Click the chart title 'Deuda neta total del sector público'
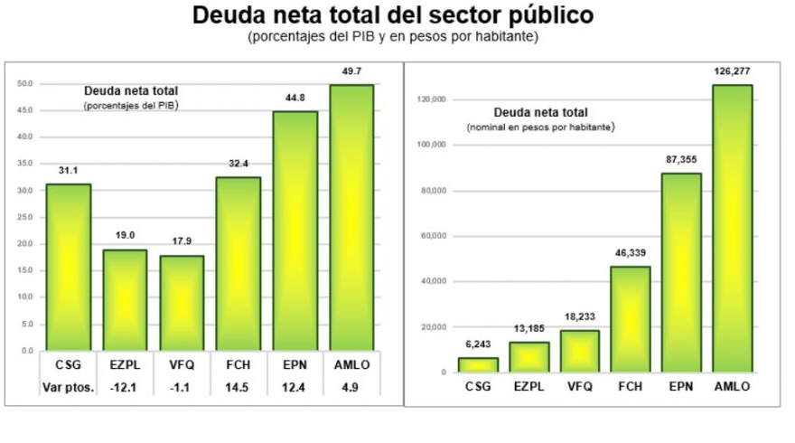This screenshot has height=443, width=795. tap(393, 16)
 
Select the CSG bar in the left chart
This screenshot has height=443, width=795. tap(68, 267)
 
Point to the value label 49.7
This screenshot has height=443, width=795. tap(351, 71)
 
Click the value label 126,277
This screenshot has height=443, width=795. tap(732, 71)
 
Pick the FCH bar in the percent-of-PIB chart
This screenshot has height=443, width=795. tap(238, 263)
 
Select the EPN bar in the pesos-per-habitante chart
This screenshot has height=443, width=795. tap(680, 272)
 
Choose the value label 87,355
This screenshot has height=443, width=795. tap(680, 159)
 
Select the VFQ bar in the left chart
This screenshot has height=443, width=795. tap(182, 302)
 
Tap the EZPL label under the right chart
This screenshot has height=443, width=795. tap(528, 386)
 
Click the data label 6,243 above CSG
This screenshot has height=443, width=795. tap(477, 344)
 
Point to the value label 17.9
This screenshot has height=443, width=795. tap(182, 240)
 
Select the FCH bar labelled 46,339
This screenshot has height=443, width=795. tap(630, 318)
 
